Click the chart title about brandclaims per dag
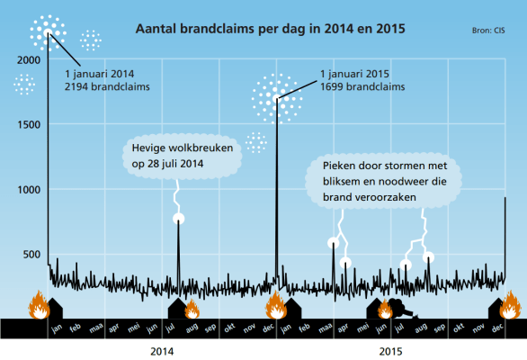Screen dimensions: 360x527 pyautogui.click(x=270, y=29)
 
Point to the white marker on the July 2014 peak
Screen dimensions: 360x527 pyautogui.click(x=179, y=219)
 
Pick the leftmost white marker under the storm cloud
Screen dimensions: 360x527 pyautogui.click(x=333, y=242)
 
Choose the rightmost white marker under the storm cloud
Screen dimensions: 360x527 pyautogui.click(x=429, y=257)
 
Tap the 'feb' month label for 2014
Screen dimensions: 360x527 pyautogui.click(x=76, y=329)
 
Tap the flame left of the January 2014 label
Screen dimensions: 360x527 pyautogui.click(x=38, y=306)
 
